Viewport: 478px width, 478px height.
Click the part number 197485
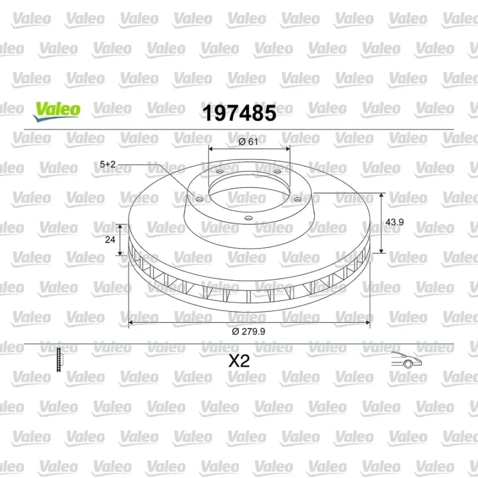(x=240, y=113)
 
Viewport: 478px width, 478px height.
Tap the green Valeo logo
(x=57, y=112)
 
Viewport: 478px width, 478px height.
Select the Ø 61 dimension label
(x=248, y=142)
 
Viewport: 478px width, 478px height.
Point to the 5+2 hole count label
(x=108, y=164)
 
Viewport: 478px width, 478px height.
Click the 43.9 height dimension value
(x=394, y=222)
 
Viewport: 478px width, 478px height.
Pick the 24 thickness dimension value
(x=110, y=240)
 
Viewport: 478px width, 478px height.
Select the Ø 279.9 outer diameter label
(x=249, y=332)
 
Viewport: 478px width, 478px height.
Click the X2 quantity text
(x=240, y=361)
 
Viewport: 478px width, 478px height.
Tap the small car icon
(x=406, y=360)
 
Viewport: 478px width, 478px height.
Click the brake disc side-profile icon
(x=59, y=360)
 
